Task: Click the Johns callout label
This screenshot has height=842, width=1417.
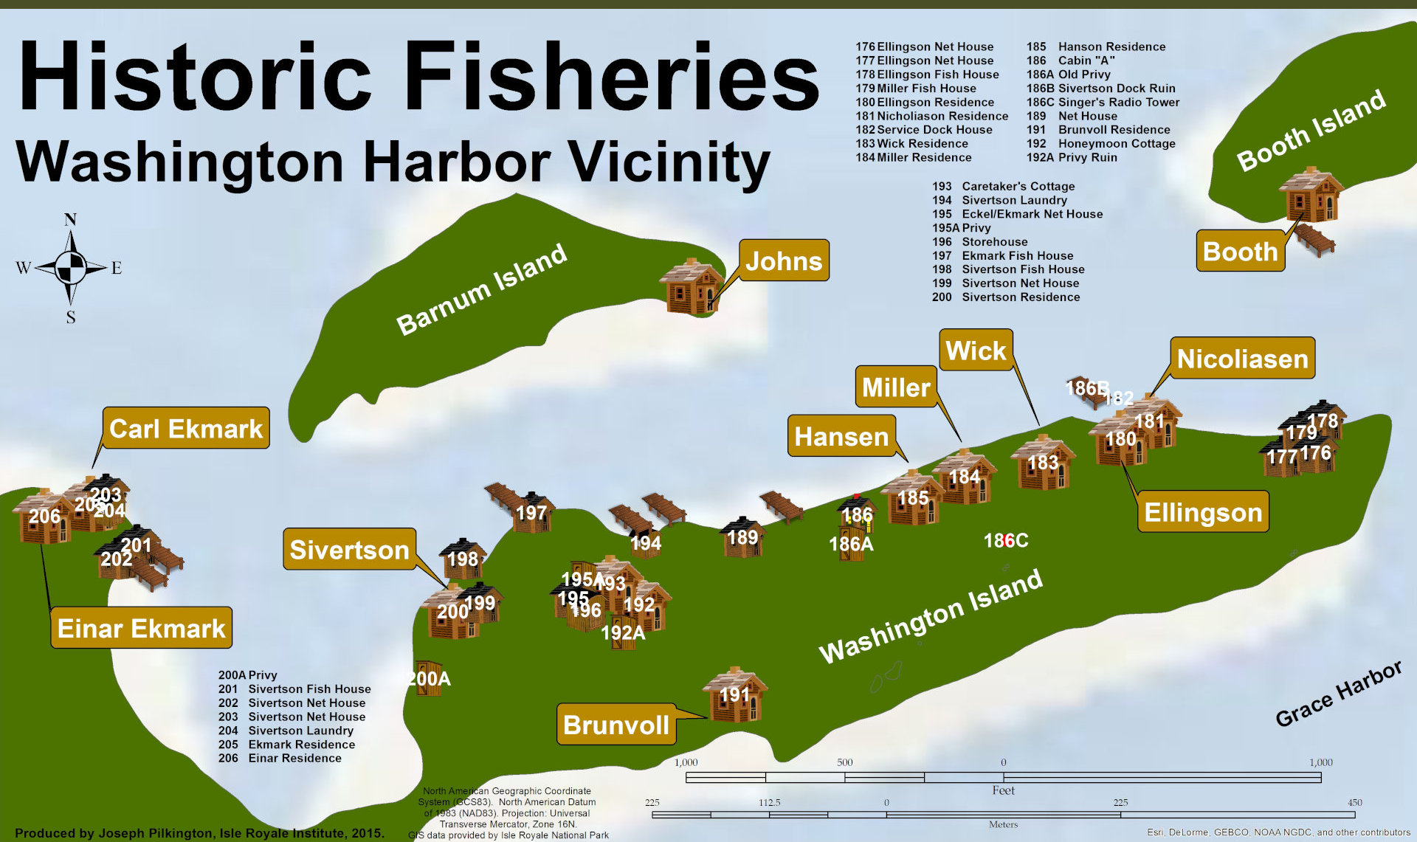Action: coord(783,260)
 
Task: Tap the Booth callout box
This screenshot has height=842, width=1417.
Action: coord(1240,252)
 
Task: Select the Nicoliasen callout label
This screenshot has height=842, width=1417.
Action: coord(1242,359)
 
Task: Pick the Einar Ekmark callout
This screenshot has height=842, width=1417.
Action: coord(141,628)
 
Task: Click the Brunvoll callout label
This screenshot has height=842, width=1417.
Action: coord(616,725)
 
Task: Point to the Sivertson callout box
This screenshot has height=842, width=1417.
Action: coord(349,550)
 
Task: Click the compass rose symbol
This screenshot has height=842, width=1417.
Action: coord(71,268)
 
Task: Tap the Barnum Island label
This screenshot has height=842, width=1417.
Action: coord(481,289)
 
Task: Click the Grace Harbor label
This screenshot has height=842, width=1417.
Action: coord(1338,694)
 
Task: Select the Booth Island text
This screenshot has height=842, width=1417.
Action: coord(1311,130)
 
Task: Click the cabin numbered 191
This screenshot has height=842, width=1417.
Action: coord(734,695)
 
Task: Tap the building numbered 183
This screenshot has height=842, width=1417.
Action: coord(1042,463)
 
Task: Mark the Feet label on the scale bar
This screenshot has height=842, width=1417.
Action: coord(1003,790)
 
